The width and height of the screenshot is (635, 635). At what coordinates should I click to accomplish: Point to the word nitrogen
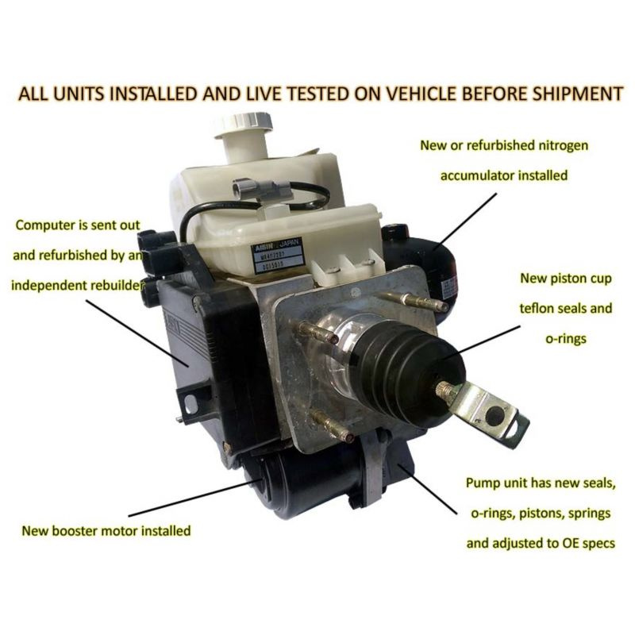click(564, 145)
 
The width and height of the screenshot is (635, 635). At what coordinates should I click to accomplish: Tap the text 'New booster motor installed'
click(106, 530)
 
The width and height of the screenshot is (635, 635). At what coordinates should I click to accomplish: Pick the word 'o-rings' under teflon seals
click(566, 339)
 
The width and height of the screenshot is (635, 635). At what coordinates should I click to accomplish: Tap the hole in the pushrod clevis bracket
click(494, 415)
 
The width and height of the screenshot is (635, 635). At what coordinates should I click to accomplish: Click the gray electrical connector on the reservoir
click(262, 187)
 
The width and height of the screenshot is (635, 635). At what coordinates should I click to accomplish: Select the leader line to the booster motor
click(195, 498)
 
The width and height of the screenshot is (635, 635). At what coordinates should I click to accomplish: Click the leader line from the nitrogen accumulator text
click(465, 221)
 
